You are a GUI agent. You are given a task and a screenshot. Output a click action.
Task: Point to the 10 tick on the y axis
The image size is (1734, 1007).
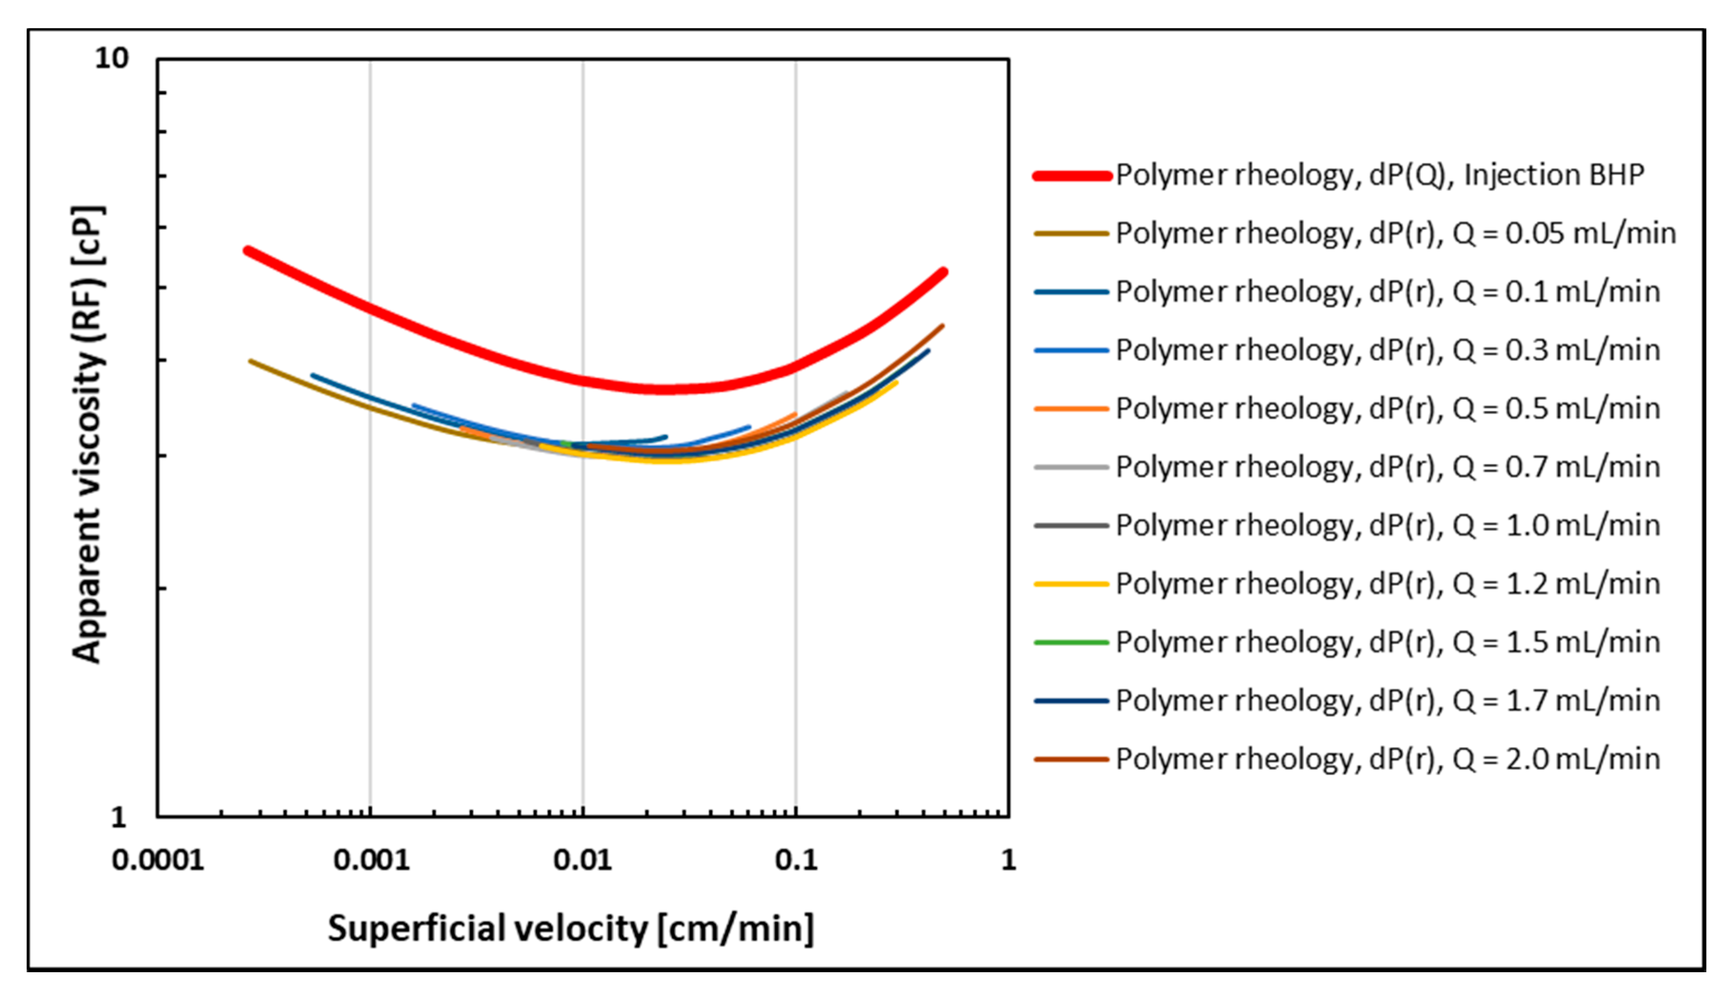click(111, 58)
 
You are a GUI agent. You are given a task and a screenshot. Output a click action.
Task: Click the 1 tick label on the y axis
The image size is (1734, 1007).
click(118, 817)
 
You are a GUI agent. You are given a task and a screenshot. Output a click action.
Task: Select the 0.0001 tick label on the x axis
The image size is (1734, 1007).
click(158, 860)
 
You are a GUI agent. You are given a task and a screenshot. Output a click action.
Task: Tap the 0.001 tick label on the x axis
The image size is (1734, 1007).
click(371, 860)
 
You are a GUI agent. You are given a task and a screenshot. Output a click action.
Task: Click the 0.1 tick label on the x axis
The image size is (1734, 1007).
click(796, 860)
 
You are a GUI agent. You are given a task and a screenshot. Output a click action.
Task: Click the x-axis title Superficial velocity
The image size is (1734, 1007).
click(570, 929)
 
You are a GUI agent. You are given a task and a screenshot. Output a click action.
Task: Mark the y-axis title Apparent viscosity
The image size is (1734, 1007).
click(88, 434)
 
